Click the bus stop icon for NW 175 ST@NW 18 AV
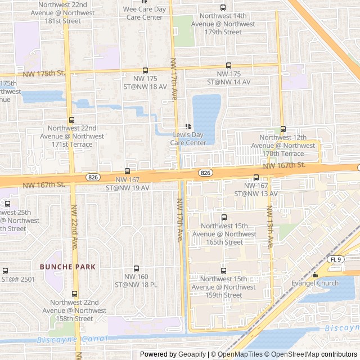[x=146, y=71]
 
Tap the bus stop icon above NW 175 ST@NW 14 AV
[x=228, y=66]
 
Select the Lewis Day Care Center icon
[x=188, y=127]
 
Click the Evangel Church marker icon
[x=314, y=275]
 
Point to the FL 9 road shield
[x=336, y=259]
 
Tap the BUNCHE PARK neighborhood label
[x=67, y=267]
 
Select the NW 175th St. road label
[x=44, y=73]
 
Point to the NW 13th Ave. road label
[x=270, y=227]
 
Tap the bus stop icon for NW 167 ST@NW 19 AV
[x=127, y=172]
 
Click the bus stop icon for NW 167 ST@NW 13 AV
[x=256, y=178]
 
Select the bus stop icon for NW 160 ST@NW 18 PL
[x=136, y=269]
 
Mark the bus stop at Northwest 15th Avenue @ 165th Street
[x=224, y=217]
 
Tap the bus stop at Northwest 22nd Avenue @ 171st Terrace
[x=71, y=120]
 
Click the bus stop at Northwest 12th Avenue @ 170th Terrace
[x=283, y=129]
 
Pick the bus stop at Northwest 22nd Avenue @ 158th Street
[x=75, y=294]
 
